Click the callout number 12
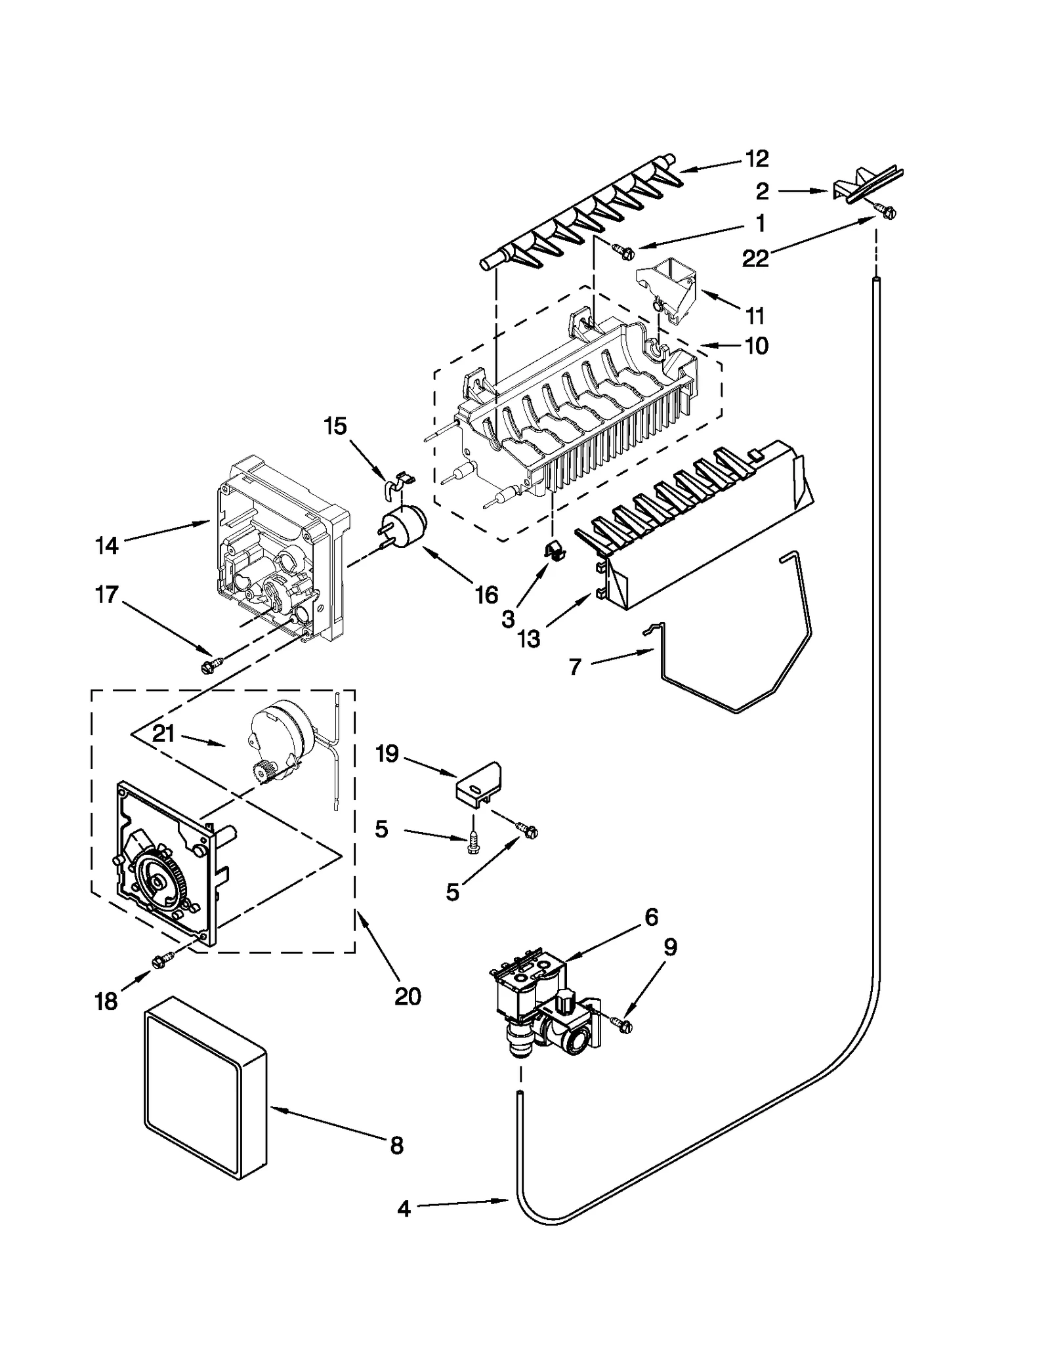(757, 158)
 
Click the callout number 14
(106, 545)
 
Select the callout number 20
(407, 996)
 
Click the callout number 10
(757, 345)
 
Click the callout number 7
(575, 667)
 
